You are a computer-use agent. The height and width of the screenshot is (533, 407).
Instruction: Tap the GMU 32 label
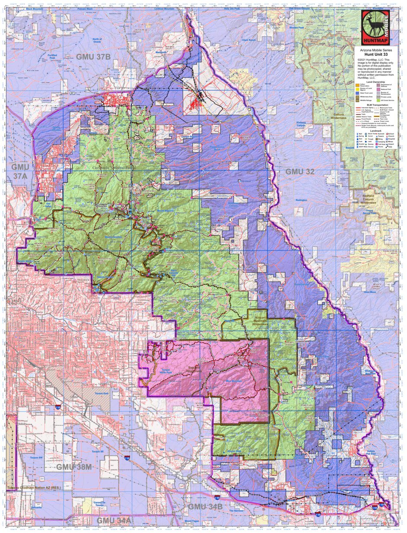300,171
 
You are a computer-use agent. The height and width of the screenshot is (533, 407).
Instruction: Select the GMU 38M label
74,467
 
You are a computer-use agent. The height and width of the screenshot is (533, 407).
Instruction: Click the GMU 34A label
113,520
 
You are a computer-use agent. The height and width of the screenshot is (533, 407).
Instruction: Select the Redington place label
301,200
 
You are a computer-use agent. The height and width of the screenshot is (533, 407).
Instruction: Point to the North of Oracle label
98,41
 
